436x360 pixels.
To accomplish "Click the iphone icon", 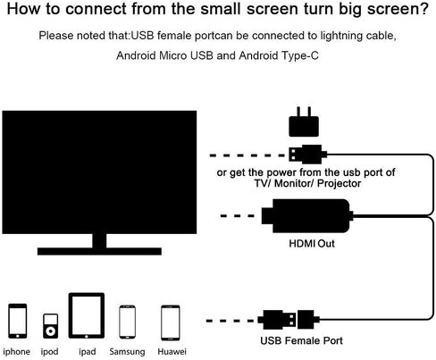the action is [18, 321].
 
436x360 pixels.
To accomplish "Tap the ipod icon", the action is [50, 326].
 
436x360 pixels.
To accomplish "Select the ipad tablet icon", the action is [87, 315].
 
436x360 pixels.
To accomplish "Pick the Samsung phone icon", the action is [127, 322].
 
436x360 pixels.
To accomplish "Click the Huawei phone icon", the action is [171, 322].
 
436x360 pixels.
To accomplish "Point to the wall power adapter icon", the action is [304, 122].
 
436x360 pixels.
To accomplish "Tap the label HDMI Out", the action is [312, 244].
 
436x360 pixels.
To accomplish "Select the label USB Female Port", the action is [301, 340].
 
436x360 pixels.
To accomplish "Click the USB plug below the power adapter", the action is [308, 155].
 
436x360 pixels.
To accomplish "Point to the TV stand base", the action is [99, 251].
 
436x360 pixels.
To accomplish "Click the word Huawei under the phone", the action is [172, 352].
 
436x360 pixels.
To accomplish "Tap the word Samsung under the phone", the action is [127, 352].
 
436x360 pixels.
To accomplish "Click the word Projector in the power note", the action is [339, 183].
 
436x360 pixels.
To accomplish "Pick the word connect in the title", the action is [96, 9].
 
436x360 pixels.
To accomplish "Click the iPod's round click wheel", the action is [50, 331].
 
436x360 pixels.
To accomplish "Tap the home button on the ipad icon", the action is [87, 336].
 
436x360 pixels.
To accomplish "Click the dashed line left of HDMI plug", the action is [238, 216].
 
